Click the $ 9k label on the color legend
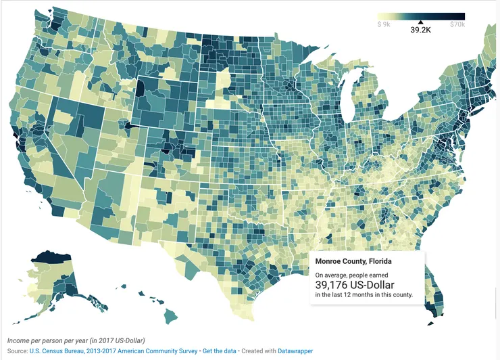(384, 24)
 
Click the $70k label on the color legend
(457, 24)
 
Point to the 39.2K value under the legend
(420, 30)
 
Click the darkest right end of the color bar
(462, 16)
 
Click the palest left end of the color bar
(380, 16)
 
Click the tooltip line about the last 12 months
(363, 296)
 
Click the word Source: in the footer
(18, 351)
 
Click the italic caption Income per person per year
(76, 340)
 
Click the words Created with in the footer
(258, 351)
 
